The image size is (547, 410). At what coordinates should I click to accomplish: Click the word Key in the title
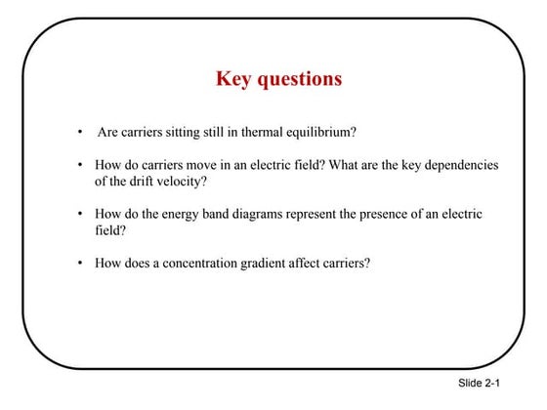point(234,79)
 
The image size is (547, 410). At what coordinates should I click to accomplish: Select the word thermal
point(257,132)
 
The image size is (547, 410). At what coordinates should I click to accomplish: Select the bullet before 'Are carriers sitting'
point(79,132)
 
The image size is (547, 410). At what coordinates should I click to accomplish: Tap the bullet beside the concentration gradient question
point(79,263)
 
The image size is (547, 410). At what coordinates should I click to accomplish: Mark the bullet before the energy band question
point(79,214)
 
